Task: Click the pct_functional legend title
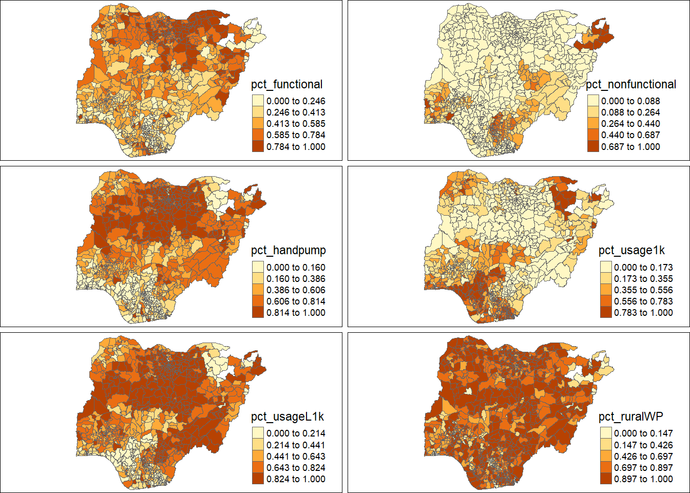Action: coord(286,85)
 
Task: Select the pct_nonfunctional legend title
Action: coord(631,85)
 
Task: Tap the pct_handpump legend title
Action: coord(288,251)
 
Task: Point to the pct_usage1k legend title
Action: coord(631,251)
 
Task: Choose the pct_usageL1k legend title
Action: coord(287,416)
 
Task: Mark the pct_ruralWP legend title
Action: coord(631,416)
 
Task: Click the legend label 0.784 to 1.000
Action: coord(296,147)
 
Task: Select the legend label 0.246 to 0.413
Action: coord(296,112)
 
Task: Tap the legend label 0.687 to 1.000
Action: coord(630,147)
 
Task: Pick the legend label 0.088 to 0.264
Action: coord(630,112)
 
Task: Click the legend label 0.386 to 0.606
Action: coord(296,290)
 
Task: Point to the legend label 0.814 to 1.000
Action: coord(296,313)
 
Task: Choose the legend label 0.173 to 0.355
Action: coord(643,279)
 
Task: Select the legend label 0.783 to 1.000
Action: coord(643,313)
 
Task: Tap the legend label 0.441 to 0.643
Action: coord(296,457)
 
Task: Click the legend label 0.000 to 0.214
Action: coord(296,433)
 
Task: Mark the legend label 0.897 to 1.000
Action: coord(643,479)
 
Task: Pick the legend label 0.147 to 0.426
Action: coord(643,445)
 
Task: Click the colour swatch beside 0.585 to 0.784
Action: coord(258,135)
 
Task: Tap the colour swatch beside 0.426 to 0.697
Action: coord(606,457)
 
